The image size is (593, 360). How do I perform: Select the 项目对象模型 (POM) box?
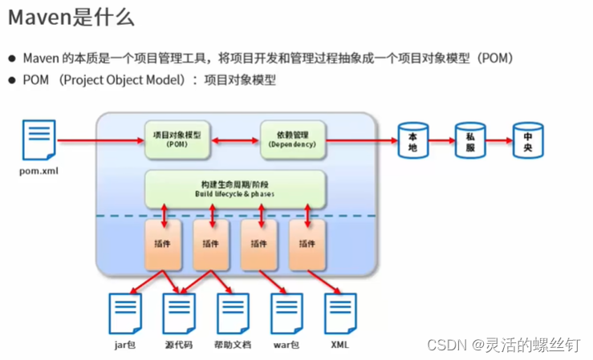(x=177, y=140)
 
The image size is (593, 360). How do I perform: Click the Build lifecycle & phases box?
(x=234, y=189)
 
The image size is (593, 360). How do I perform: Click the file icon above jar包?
(x=125, y=313)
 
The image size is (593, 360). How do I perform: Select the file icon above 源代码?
(x=179, y=313)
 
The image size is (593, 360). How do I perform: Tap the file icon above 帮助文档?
(x=233, y=313)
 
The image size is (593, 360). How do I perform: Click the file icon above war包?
(x=286, y=313)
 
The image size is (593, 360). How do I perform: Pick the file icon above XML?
(x=339, y=313)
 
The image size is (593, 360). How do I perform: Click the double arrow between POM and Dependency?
(x=234, y=140)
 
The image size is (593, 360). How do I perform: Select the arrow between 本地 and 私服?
(x=441, y=140)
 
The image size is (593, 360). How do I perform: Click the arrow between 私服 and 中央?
(x=498, y=140)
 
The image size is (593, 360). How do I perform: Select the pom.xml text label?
(x=39, y=171)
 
